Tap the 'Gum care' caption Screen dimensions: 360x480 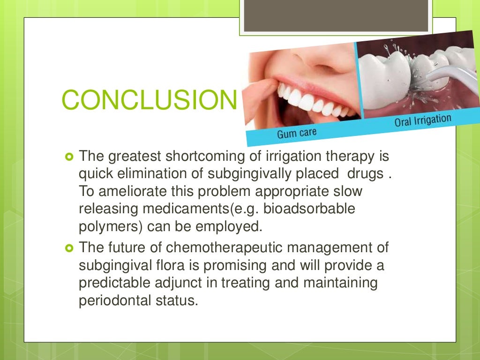pos(296,133)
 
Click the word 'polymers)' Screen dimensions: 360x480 pos(111,227)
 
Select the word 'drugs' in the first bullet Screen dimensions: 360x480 pos(364,173)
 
